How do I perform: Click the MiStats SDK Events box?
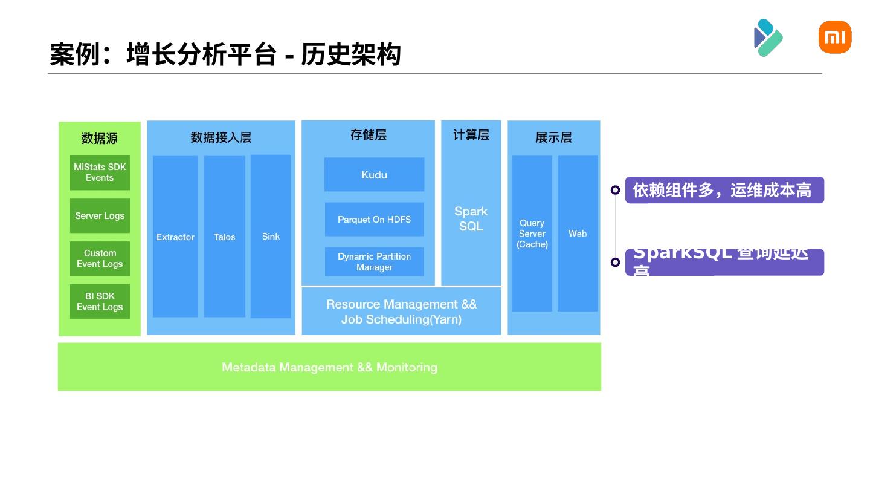coord(100,172)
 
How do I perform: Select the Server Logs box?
coord(100,216)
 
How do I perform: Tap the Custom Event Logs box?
coord(100,259)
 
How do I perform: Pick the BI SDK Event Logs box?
coord(100,301)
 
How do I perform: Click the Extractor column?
coord(175,237)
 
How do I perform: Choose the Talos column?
coord(224,237)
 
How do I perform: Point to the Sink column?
coord(271,237)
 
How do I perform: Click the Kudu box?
coord(374,175)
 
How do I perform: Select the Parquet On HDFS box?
coord(374,220)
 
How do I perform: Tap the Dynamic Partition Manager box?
coord(374,262)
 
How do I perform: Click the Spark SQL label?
coord(471,218)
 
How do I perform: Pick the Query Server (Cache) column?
coord(532,234)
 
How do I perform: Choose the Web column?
coord(578,234)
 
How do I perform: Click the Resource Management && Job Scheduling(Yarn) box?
coord(401,312)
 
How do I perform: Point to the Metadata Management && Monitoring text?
coord(329,367)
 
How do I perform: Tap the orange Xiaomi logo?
coord(835,38)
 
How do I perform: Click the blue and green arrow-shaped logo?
coord(768,38)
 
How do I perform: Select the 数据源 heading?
coord(100,139)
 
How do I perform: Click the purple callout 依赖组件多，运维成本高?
coord(724,190)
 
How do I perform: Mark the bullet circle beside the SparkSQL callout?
coord(615,262)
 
